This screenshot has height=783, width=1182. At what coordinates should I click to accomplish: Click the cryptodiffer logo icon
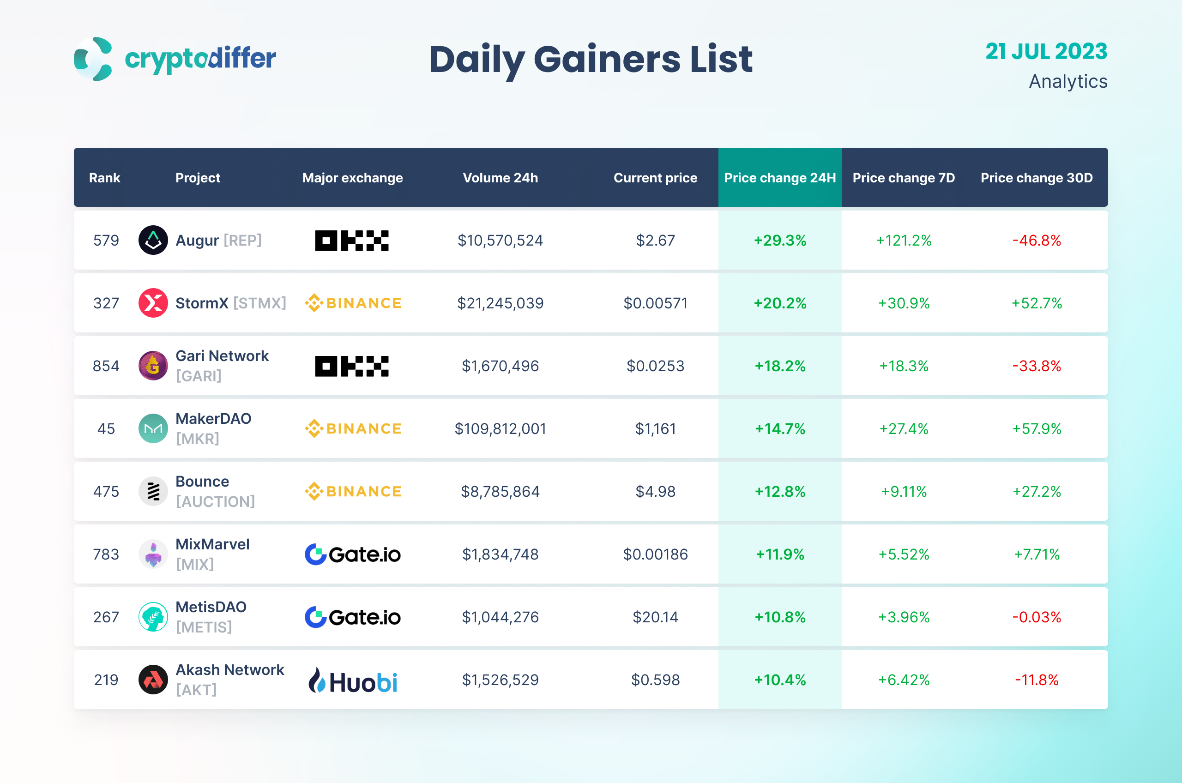pos(93,59)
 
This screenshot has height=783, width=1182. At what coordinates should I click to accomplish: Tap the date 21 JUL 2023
pos(1046,51)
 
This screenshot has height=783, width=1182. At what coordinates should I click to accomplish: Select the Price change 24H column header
pos(779,178)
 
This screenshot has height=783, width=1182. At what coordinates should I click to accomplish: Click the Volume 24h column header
pos(501,178)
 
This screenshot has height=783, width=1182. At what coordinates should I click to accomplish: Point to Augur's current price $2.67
pos(655,241)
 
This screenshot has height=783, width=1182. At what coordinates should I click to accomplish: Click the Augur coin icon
pos(153,240)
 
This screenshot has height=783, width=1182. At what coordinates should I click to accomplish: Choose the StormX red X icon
pos(153,303)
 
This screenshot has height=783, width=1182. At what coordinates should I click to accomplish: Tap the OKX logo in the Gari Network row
pos(351,366)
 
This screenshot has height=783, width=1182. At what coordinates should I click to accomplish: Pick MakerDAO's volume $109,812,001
pos(501,429)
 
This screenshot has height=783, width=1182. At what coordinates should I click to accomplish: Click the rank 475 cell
pos(106,492)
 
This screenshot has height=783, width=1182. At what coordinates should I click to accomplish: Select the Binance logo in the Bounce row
pos(353,492)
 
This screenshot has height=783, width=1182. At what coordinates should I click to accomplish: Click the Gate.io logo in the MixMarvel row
pos(353,554)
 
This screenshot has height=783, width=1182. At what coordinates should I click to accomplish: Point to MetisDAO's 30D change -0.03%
pos(1037,617)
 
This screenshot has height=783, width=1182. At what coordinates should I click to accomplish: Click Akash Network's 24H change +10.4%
pos(779,680)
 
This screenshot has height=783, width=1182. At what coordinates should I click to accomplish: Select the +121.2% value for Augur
pos(904,241)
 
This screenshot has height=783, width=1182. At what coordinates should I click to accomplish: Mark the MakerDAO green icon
pos(153,428)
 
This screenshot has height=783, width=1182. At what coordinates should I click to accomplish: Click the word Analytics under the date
pos(1067,81)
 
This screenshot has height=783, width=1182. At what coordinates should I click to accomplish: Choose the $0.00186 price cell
pos(655,554)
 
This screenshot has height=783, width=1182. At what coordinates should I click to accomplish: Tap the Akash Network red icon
pos(153,680)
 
